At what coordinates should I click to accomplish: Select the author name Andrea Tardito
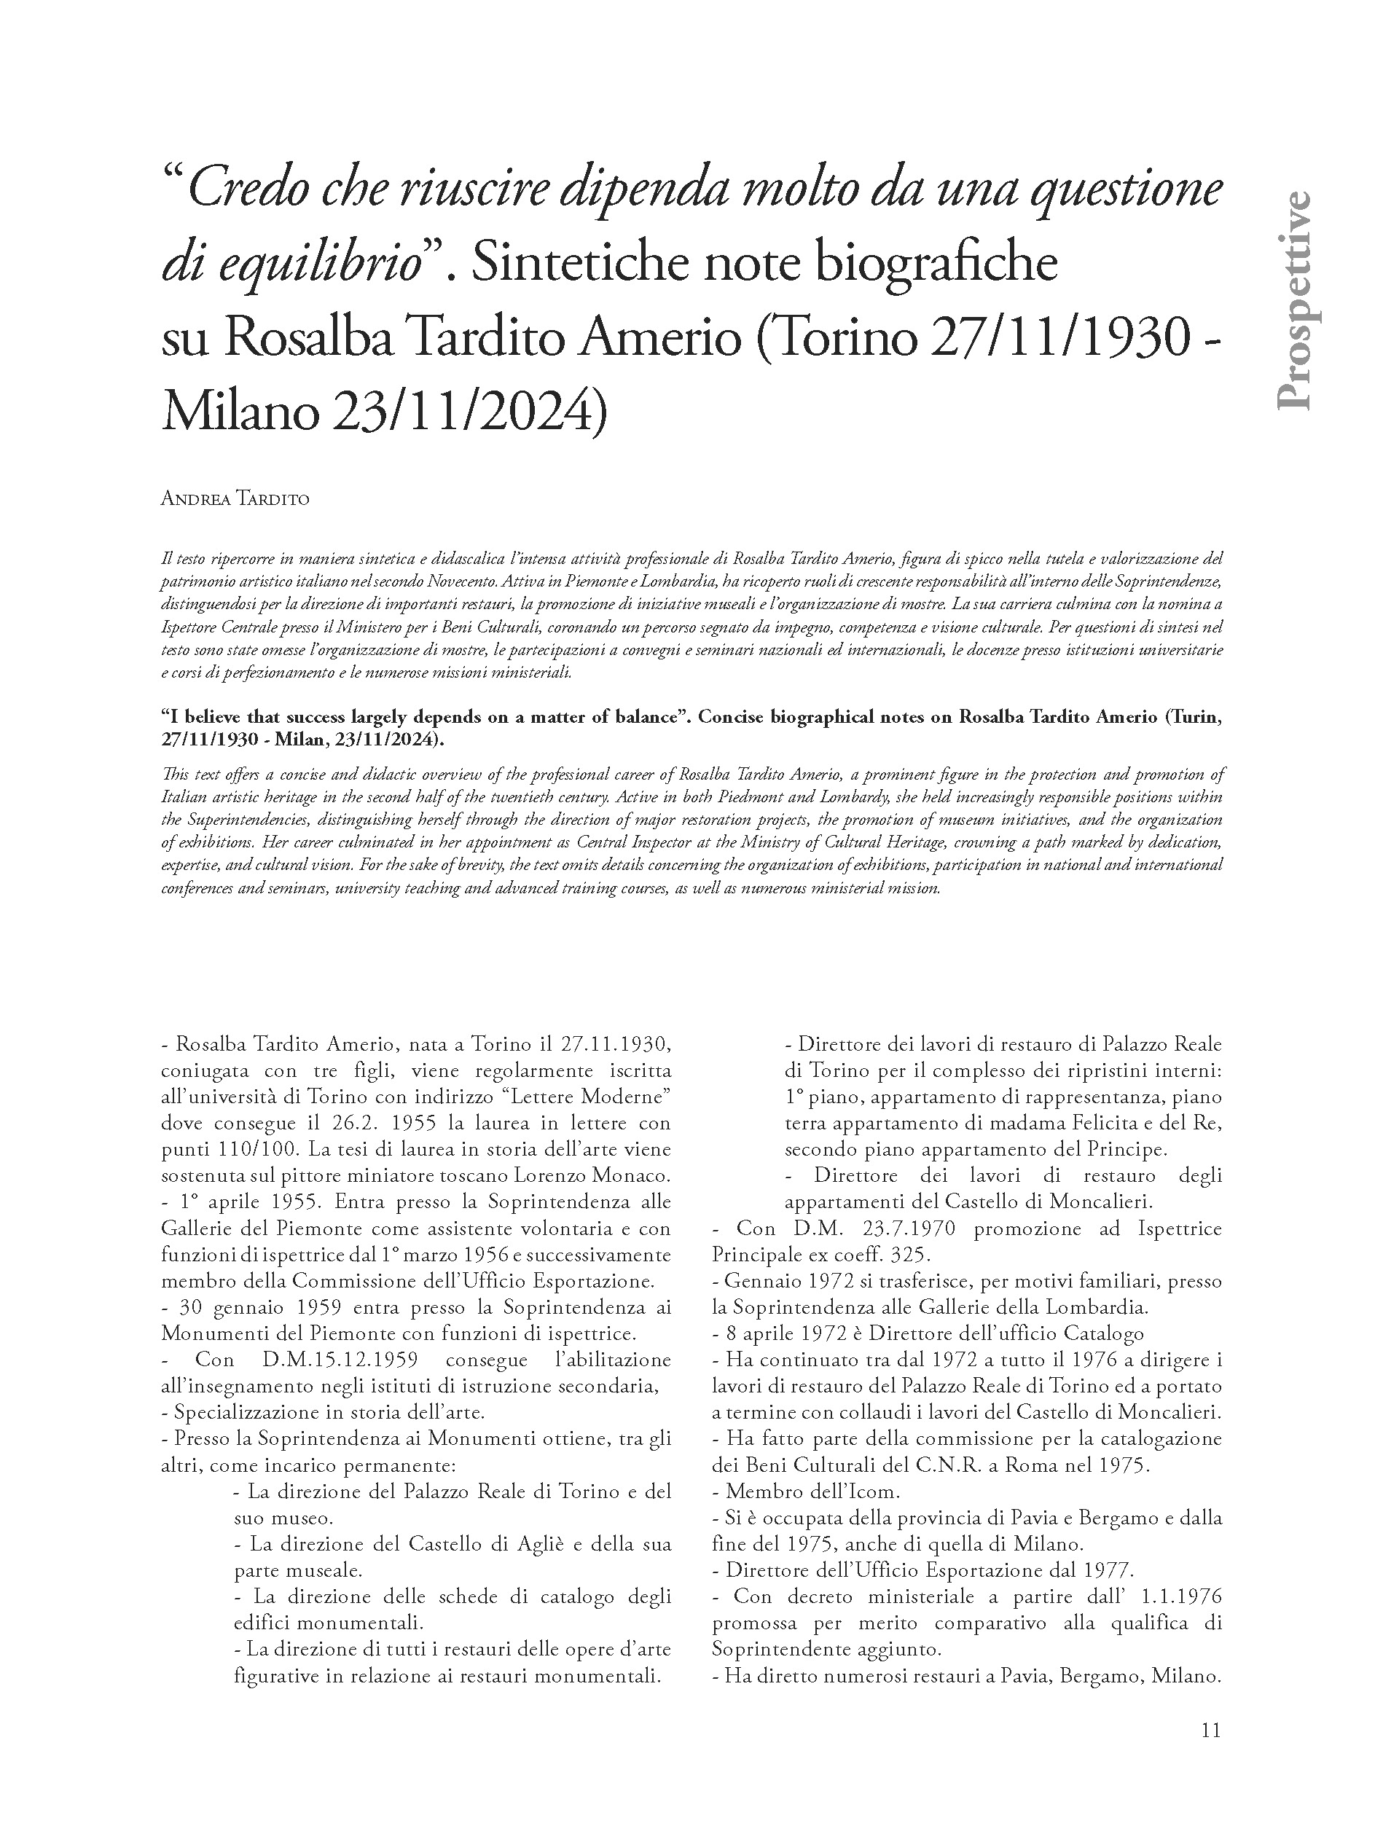coord(235,500)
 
